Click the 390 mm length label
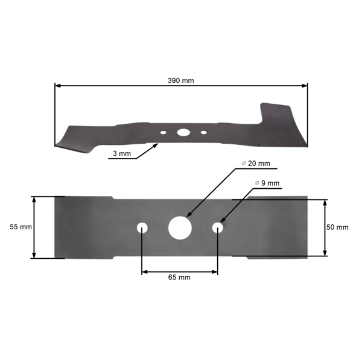[x=181, y=80]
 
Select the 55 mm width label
[x=21, y=227]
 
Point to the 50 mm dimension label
[x=338, y=227]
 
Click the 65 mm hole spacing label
[x=179, y=278]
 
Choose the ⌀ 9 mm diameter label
[x=267, y=183]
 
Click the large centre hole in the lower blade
[x=179, y=227]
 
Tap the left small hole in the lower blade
[x=142, y=227]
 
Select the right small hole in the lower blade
[x=218, y=227]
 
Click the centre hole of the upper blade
[x=182, y=132]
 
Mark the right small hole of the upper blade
[x=203, y=132]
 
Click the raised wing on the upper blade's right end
[x=278, y=115]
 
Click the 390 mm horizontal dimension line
[x=121, y=86]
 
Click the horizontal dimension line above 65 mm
[x=179, y=271]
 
